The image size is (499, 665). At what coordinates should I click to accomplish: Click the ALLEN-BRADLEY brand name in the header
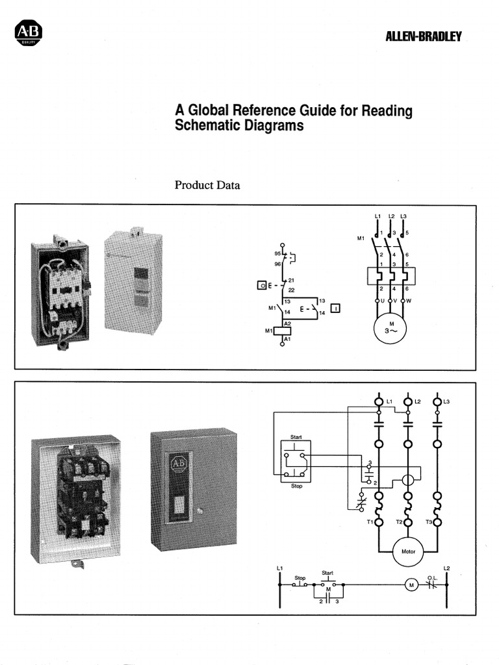(423, 36)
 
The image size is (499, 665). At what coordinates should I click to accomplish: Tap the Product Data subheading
(207, 185)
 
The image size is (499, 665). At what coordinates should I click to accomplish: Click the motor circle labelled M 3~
(391, 327)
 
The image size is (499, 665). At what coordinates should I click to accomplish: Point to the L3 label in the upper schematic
(404, 216)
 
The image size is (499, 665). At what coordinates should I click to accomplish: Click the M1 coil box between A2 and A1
(282, 330)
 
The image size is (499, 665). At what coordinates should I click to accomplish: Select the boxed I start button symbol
(335, 308)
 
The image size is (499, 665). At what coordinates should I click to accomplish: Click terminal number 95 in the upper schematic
(277, 254)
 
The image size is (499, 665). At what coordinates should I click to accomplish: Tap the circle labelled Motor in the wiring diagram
(408, 551)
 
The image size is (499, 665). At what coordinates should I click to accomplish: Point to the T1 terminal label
(370, 522)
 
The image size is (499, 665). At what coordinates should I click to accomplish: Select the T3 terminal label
(428, 522)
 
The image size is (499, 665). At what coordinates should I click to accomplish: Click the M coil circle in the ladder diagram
(411, 585)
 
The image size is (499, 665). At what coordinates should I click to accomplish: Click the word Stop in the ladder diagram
(300, 577)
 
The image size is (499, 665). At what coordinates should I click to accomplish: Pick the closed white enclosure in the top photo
(133, 282)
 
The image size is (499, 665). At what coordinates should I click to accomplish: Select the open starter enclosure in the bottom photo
(76, 497)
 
